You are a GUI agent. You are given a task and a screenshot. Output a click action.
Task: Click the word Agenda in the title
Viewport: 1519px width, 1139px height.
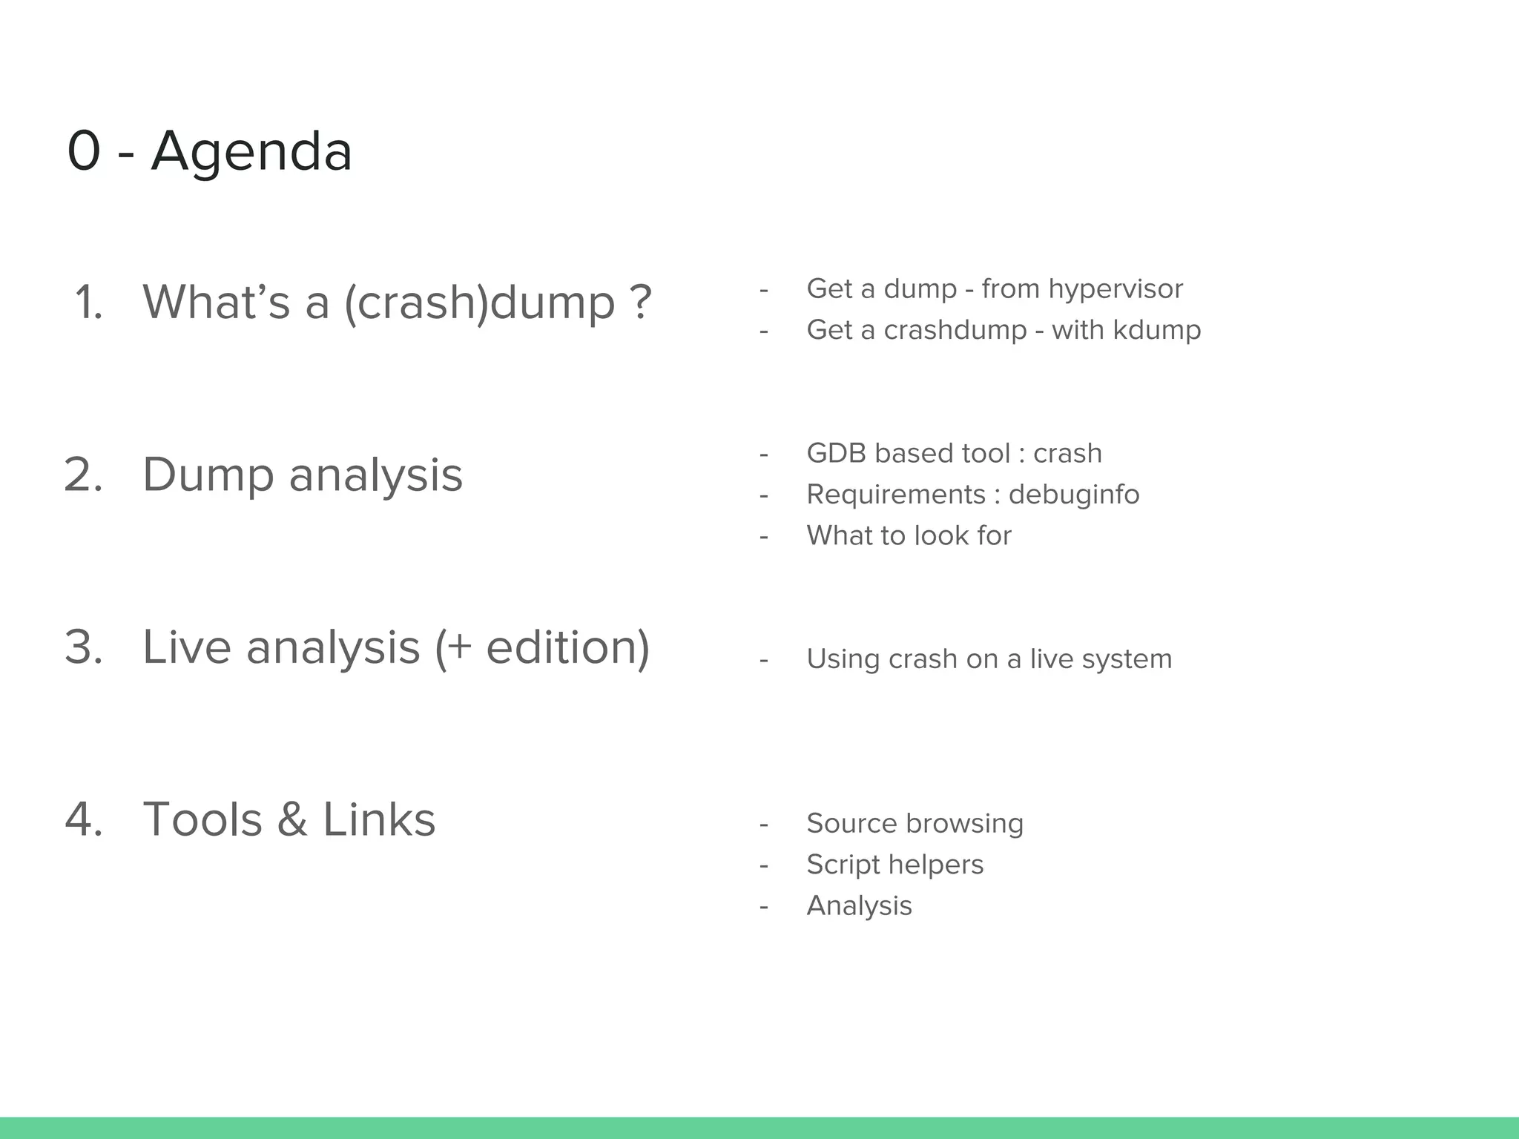coord(251,151)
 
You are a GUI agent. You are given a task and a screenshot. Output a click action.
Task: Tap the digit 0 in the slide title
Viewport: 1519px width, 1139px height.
coord(83,151)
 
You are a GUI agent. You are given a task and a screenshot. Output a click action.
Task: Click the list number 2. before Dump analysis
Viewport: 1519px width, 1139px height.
coord(83,475)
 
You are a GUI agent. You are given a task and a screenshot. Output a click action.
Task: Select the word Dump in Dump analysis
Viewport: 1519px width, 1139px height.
coord(208,475)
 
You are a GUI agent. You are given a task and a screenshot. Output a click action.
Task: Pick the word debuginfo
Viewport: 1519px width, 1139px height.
coord(1074,495)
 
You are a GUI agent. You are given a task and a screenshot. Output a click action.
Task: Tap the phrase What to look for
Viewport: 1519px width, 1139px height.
coord(909,535)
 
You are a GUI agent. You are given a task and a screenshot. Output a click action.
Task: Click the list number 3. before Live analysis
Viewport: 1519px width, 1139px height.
coord(83,647)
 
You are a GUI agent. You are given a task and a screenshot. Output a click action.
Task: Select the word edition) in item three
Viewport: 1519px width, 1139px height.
coord(567,647)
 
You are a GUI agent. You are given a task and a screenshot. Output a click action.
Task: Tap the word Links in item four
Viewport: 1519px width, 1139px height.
coord(378,820)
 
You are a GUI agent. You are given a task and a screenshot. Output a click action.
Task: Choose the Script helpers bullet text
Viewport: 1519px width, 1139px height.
coord(894,865)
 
